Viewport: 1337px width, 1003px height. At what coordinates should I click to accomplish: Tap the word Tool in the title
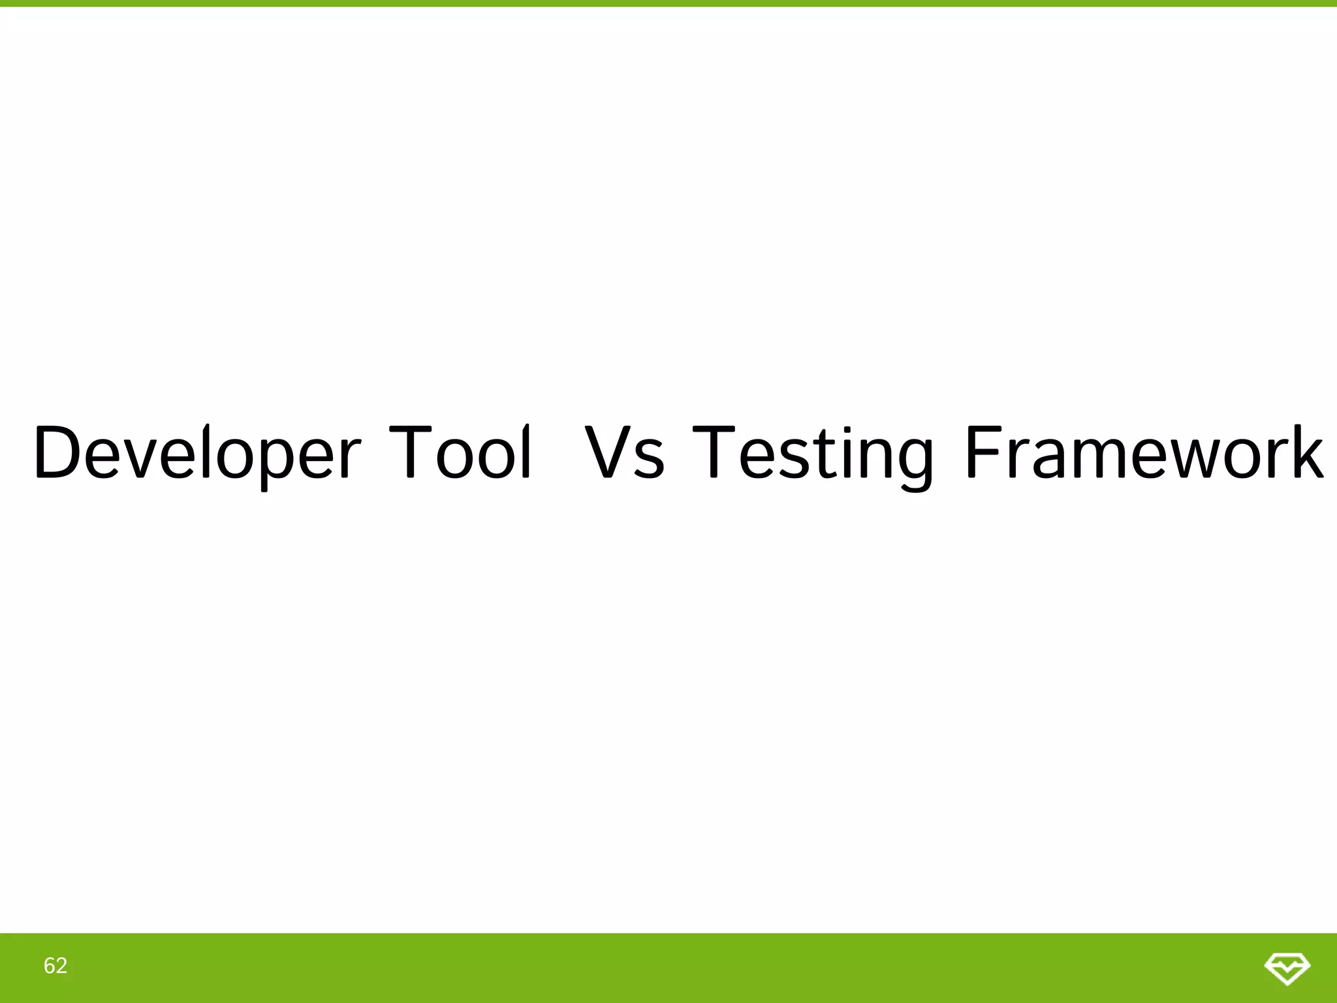[x=460, y=452]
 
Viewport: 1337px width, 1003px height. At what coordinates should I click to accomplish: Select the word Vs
[x=624, y=452]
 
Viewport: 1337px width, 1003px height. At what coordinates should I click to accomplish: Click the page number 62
[x=55, y=966]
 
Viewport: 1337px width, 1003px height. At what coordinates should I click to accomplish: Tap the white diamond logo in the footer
[x=1287, y=967]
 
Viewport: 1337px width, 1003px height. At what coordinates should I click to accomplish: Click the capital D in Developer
[x=58, y=452]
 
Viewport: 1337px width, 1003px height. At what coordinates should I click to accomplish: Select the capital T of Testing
[x=714, y=452]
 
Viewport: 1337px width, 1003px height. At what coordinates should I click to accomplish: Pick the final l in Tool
[x=526, y=452]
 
